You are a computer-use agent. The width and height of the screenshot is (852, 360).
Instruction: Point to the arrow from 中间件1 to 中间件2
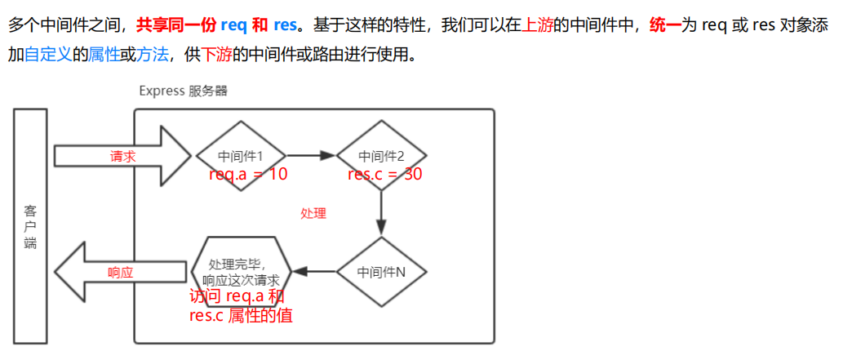point(312,155)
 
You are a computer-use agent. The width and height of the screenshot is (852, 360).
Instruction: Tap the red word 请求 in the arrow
point(122,156)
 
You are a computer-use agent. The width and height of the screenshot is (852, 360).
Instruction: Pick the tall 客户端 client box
point(30,226)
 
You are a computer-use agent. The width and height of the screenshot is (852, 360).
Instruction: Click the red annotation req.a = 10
point(248,173)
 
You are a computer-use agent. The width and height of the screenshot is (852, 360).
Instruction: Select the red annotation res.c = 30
point(384,173)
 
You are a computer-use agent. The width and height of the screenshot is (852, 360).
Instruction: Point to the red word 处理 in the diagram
point(313,214)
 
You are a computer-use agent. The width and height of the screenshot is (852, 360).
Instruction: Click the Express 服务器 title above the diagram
point(184,91)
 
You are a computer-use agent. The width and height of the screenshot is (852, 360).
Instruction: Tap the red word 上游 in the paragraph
point(537,24)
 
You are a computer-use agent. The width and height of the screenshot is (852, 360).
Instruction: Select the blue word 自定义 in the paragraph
point(47,56)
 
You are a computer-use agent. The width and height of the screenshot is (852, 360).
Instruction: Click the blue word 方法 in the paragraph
point(154,56)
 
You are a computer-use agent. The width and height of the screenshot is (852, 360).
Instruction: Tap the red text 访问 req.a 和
point(237,296)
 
